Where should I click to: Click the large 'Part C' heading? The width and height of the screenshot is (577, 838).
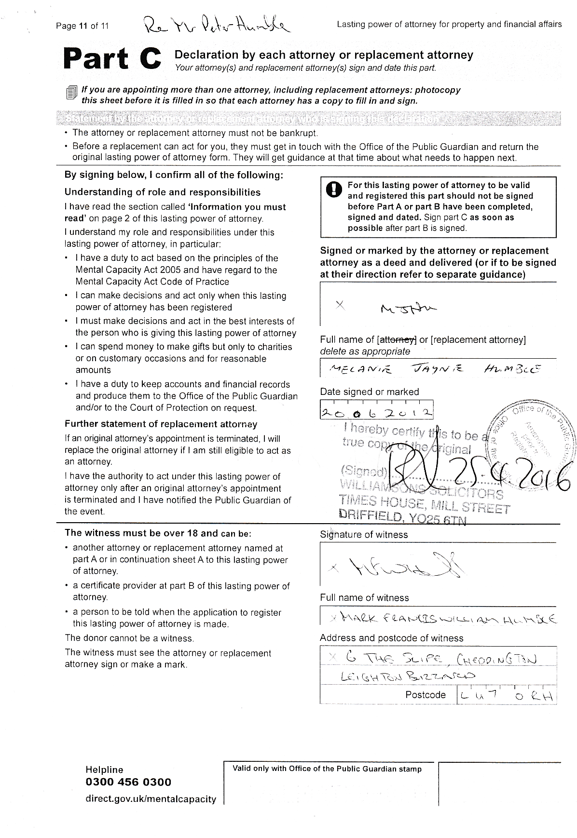coord(111,60)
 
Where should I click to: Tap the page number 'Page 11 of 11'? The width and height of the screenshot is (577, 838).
coord(82,26)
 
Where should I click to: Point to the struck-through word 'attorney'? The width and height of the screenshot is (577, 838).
coord(398,339)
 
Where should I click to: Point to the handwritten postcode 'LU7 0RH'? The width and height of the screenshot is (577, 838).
coord(506,695)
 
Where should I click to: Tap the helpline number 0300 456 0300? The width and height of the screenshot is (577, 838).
coord(128,782)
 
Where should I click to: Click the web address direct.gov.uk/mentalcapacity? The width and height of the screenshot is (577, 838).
coord(151,799)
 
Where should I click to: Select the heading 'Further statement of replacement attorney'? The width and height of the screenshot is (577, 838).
coord(161,424)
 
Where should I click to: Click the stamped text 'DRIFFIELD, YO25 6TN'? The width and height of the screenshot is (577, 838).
coord(403,516)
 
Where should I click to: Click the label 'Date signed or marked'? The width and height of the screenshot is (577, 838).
coord(370,392)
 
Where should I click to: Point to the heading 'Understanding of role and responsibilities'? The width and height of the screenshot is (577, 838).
coord(163,192)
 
